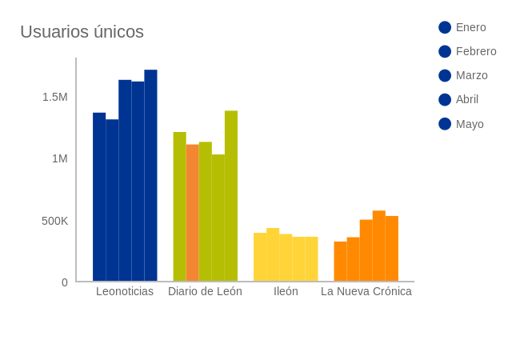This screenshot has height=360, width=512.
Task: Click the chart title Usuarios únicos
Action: [x=82, y=32]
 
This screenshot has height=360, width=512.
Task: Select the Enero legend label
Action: [x=470, y=27]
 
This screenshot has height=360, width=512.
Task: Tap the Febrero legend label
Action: [x=476, y=51]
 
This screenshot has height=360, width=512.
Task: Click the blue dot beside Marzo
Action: [x=445, y=75]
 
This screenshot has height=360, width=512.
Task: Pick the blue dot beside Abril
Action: [x=445, y=99]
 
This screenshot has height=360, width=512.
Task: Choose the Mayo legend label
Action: [x=470, y=124]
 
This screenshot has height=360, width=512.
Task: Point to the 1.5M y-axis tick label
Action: [x=54, y=97]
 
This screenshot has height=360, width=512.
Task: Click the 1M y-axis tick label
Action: [x=59, y=158]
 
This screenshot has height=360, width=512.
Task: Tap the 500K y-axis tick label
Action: [x=54, y=221]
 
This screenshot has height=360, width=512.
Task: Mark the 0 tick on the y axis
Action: [x=65, y=282]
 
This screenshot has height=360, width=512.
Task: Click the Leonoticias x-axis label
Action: [x=125, y=291]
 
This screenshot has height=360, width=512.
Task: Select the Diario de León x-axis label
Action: [x=205, y=291]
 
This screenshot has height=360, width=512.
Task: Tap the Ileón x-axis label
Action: [x=286, y=291]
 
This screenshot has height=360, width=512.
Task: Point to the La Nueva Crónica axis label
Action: [x=366, y=291]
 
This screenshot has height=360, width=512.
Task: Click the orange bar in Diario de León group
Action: [x=192, y=213]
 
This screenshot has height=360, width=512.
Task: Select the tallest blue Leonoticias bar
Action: [x=150, y=176]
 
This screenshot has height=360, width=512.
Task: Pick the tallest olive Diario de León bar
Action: [x=231, y=196]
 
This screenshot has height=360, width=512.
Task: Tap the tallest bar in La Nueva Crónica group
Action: [x=379, y=246]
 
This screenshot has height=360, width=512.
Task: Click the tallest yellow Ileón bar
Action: [x=273, y=255]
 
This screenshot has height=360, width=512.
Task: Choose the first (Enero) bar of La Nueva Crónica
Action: [x=340, y=262]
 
